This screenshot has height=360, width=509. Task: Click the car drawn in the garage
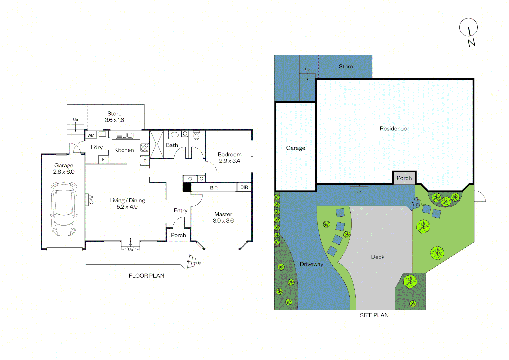click(64, 209)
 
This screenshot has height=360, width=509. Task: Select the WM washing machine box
click(91, 135)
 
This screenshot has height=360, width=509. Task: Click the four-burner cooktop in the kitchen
click(145, 147)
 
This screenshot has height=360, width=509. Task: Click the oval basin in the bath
click(175, 135)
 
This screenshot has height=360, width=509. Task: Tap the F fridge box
click(103, 160)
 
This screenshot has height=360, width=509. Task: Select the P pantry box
click(145, 161)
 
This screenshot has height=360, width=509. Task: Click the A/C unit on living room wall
click(87, 200)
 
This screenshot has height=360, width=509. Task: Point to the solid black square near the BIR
click(187, 187)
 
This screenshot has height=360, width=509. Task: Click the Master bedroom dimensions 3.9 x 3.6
click(223, 221)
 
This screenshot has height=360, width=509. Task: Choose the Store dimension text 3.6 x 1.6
click(114, 120)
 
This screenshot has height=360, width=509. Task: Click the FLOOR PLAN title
click(147, 276)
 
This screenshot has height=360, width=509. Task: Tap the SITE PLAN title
click(374, 315)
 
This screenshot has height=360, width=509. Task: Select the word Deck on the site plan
click(378, 257)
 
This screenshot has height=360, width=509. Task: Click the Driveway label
click(311, 264)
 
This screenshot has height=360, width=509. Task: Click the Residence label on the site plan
click(393, 129)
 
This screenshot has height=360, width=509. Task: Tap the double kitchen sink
click(125, 135)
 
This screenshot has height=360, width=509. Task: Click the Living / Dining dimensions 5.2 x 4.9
click(127, 207)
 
